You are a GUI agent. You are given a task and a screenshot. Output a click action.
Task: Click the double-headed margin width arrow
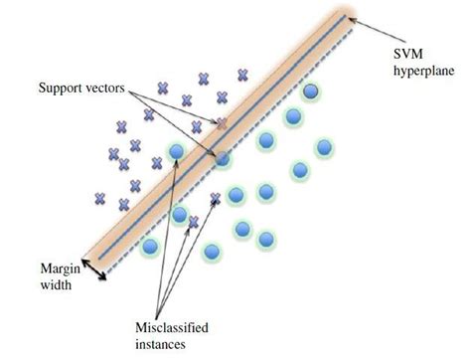[95, 266]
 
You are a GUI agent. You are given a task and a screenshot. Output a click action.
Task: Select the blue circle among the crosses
[176, 152]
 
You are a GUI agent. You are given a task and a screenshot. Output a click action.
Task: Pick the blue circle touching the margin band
[224, 157]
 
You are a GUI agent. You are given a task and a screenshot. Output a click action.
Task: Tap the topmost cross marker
[241, 74]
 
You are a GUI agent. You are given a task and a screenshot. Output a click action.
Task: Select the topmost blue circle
[313, 91]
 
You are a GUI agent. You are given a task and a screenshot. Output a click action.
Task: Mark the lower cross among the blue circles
[195, 221]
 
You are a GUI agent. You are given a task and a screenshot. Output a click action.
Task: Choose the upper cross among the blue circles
[216, 198]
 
